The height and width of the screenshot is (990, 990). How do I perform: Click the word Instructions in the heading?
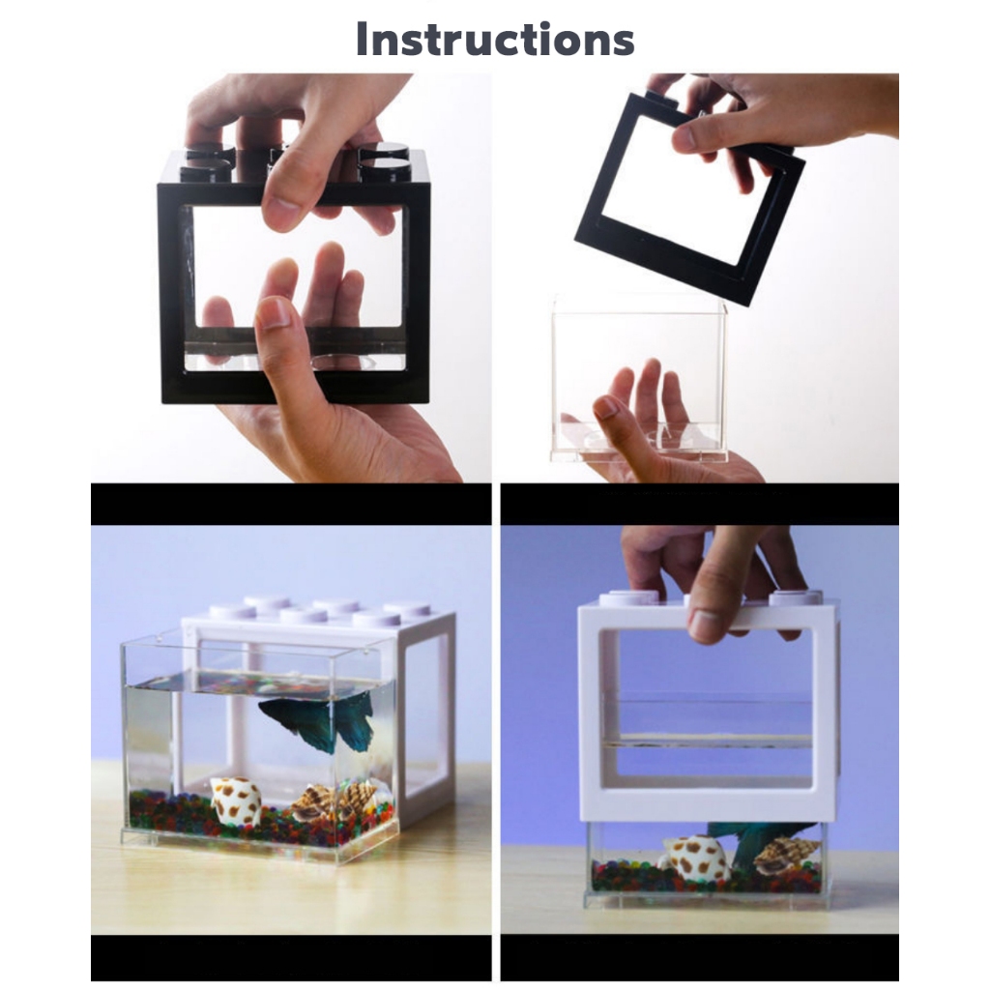[495, 39]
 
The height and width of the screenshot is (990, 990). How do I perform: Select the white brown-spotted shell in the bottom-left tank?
[236, 800]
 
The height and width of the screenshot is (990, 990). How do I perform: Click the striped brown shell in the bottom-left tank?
[334, 801]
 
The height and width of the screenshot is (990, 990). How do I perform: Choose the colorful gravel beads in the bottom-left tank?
[259, 818]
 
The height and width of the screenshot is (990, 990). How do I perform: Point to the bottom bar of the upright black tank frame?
[296, 387]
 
